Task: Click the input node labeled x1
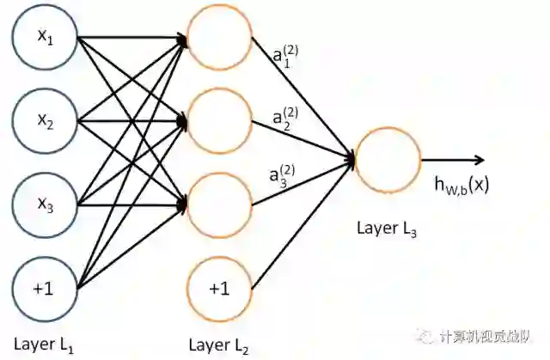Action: (45, 39)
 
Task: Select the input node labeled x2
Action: (45, 121)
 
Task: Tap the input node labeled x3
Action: (45, 204)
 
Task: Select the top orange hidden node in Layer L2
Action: (218, 39)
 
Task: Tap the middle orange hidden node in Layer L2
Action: (218, 121)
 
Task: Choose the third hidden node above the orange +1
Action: (218, 204)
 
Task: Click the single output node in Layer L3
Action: (387, 159)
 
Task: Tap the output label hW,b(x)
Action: (461, 184)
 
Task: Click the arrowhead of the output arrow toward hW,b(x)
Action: (480, 159)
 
